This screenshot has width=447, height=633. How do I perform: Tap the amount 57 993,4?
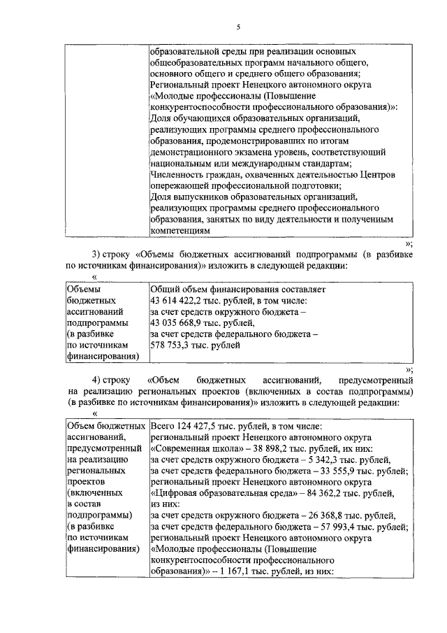click(x=334, y=527)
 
